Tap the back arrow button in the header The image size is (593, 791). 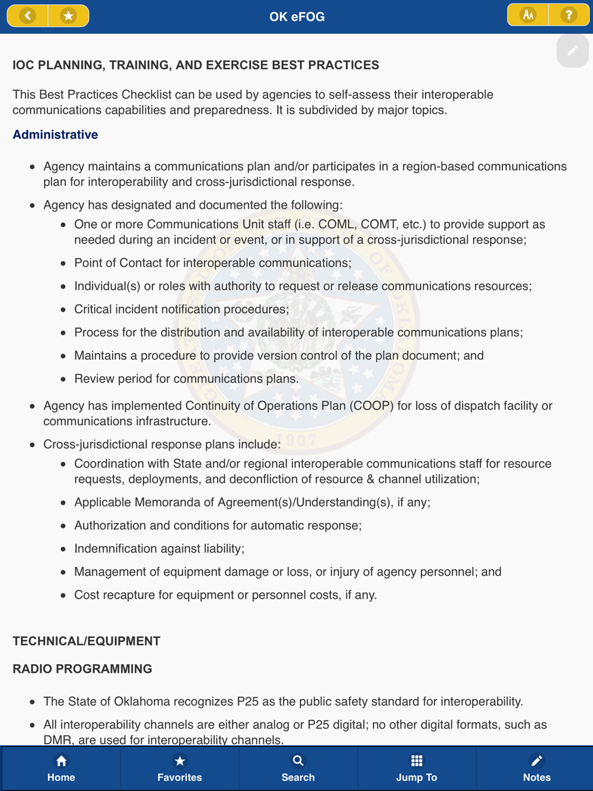tap(27, 16)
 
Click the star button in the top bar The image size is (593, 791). tap(68, 16)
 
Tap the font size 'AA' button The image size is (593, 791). tap(528, 15)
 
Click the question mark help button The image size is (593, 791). tap(569, 15)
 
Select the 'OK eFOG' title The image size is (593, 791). tap(296, 17)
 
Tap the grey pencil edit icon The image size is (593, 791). tap(572, 51)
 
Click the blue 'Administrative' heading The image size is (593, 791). tap(55, 135)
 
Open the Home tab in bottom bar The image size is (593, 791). tap(61, 768)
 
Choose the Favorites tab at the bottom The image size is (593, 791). tap(180, 768)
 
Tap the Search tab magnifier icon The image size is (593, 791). tap(298, 761)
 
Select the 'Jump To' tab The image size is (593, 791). tap(416, 768)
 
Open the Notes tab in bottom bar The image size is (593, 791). tap(536, 768)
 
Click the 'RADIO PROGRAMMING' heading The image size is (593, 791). tap(82, 669)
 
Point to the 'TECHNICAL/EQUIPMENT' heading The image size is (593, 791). tap(87, 641)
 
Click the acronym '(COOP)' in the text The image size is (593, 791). tap(371, 406)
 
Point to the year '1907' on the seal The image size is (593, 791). tap(296, 440)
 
